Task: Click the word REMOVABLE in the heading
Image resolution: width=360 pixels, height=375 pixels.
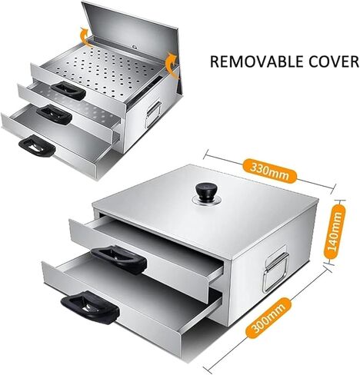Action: (257, 61)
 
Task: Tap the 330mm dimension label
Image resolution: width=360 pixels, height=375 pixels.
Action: (269, 171)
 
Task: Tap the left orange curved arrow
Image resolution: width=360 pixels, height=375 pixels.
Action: (84, 38)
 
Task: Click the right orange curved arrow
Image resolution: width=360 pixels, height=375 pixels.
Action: (171, 65)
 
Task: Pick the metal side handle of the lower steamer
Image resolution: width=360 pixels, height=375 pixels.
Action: (275, 272)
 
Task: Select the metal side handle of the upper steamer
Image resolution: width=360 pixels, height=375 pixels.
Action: (153, 114)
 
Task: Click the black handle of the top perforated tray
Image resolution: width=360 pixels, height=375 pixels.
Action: (68, 90)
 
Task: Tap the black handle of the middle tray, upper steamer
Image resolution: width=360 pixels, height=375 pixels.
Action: (54, 114)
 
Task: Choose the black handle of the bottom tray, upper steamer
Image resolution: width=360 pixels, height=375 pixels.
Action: (37, 145)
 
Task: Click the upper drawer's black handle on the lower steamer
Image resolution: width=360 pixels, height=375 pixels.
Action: (118, 260)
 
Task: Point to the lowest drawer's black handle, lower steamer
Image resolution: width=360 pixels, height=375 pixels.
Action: (89, 307)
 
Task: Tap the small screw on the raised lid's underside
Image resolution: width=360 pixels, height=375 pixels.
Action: (135, 47)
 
